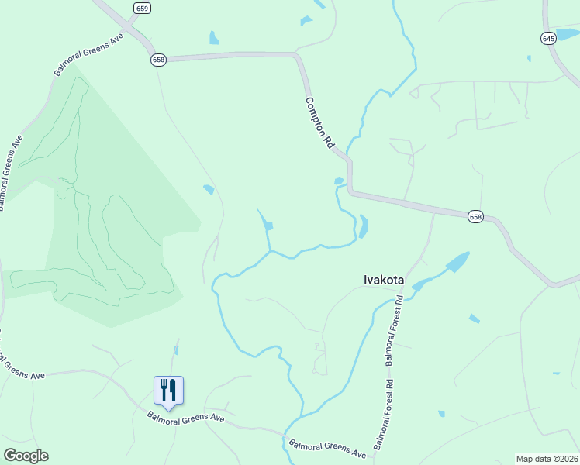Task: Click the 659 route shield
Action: click(x=141, y=9)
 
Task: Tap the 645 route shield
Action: click(x=548, y=38)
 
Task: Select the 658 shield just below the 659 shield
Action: click(x=159, y=60)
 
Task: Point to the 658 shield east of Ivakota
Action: click(x=475, y=218)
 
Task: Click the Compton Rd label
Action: click(x=319, y=122)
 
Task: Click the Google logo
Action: click(x=26, y=456)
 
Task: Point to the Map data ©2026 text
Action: click(x=547, y=458)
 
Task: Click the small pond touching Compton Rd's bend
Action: click(x=338, y=181)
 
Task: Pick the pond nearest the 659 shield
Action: click(x=213, y=37)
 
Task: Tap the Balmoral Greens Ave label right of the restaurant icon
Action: click(x=186, y=417)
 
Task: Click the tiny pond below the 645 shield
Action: click(x=529, y=58)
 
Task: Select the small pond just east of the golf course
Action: click(x=209, y=189)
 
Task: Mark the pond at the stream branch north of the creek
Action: click(x=268, y=226)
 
